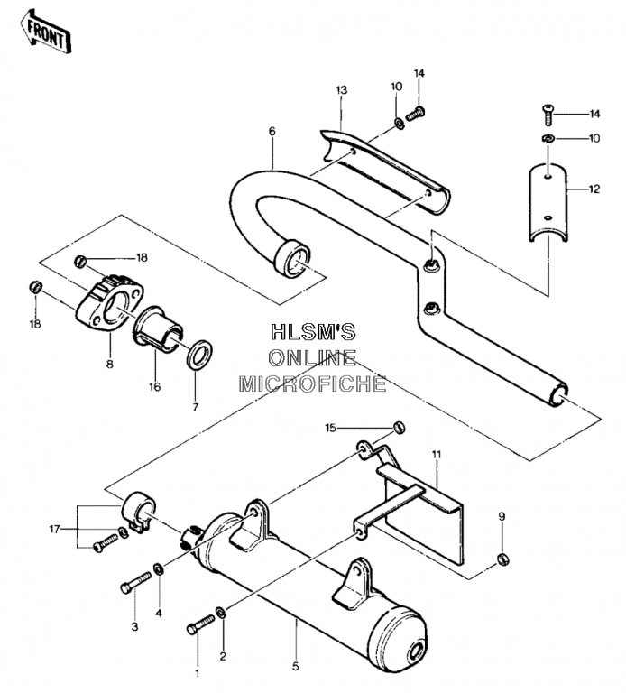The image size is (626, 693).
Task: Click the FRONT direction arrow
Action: point(46,32)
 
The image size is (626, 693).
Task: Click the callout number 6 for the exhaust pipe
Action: point(272,131)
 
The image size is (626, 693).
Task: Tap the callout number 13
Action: point(342,90)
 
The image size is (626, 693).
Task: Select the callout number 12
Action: point(594,189)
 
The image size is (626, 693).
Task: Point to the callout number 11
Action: point(437,455)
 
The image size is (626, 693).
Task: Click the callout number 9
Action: point(502,516)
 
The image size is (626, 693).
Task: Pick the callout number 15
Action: point(330,428)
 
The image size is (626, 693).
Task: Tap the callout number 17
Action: point(54,529)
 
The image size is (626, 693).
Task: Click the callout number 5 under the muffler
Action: point(296,666)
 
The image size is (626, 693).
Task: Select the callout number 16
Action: point(154,387)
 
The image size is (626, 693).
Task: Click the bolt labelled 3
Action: point(135,583)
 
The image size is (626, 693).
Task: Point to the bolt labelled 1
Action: point(200,624)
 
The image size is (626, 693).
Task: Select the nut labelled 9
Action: point(502,559)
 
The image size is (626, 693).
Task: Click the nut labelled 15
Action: point(399,428)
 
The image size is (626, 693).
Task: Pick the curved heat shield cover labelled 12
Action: point(548,202)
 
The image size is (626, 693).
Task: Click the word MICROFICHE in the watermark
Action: point(313,383)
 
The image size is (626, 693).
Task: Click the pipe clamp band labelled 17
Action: point(139,511)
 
